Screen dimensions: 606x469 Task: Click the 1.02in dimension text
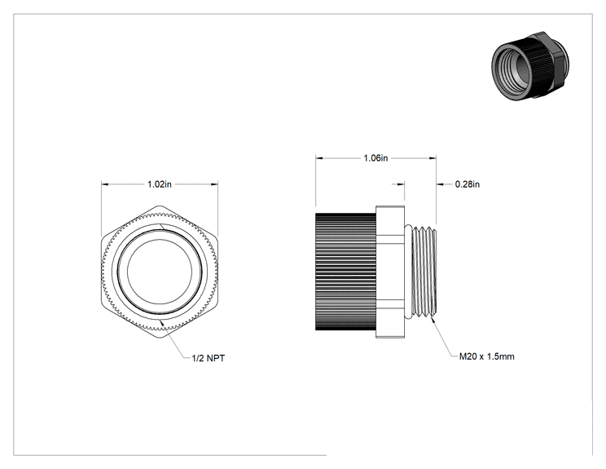click(159, 184)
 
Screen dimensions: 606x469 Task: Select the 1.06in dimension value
click(375, 158)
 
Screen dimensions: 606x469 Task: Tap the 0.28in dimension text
click(468, 184)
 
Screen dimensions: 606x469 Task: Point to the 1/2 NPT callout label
click(209, 358)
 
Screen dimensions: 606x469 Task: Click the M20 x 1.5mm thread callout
click(486, 356)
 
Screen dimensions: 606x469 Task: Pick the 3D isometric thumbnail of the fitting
click(530, 66)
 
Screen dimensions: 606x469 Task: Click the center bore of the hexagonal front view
click(160, 272)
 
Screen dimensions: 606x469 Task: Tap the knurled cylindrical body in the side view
click(346, 272)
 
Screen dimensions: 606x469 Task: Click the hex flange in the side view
click(390, 272)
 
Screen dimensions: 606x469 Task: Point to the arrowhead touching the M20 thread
click(433, 321)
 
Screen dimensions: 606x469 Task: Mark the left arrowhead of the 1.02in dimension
click(105, 184)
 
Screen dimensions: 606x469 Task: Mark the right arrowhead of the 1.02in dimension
click(214, 184)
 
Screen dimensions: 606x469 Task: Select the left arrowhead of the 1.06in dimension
click(318, 158)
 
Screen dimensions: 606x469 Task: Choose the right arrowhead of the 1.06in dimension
click(433, 158)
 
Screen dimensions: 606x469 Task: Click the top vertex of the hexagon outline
click(160, 206)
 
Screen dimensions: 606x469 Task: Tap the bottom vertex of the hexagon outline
click(160, 338)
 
